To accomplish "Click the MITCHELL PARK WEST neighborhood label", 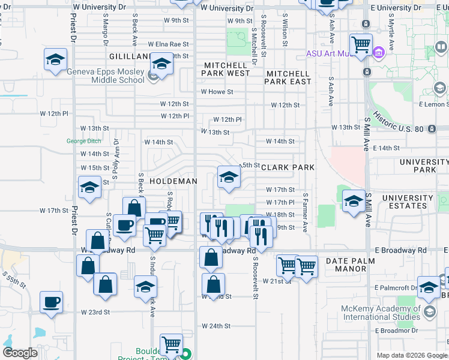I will point(226,69).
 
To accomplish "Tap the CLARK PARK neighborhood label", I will point(288,168).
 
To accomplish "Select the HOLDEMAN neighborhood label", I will point(173,181).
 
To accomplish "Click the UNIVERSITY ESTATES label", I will point(408,202).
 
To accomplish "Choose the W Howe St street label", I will point(217,92).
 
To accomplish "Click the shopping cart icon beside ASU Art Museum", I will point(360,45).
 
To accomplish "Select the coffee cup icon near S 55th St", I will point(51,302).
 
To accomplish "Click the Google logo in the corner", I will point(20,352).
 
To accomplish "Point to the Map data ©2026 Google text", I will point(411,355).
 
